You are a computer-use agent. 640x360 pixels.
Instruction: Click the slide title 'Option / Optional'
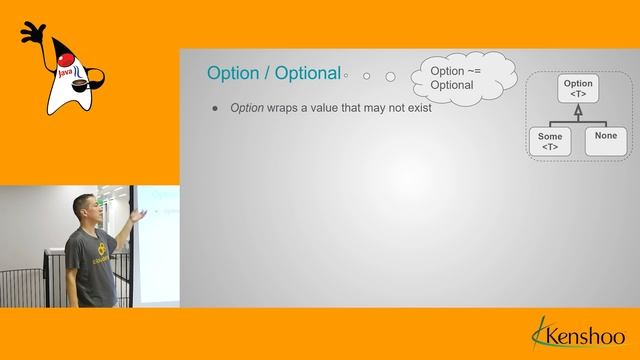pos(272,73)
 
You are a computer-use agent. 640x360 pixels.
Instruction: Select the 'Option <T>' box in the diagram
pos(578,90)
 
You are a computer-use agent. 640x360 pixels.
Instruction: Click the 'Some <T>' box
pos(550,141)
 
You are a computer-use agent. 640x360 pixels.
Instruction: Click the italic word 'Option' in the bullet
pos(246,108)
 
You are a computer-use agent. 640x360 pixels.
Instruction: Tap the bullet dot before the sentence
pos(214,108)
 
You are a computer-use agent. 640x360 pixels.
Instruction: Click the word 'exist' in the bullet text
pos(418,108)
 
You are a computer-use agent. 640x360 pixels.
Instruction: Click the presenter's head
pos(84,209)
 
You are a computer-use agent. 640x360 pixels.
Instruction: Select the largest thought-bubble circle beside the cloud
pos(390,76)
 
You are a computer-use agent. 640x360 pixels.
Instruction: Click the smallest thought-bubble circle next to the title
pos(346,75)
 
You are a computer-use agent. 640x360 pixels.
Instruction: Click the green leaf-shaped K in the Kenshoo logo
pos(540,330)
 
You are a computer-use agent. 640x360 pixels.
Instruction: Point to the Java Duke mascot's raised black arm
pos(30,34)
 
